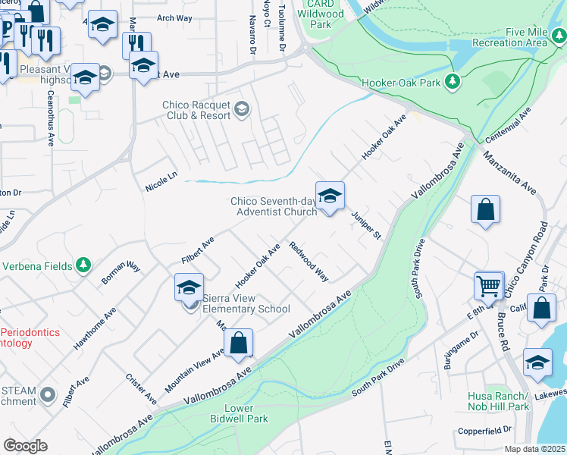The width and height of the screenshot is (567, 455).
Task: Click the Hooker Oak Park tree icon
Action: (453, 80)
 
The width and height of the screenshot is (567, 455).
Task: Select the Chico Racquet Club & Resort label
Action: (196, 111)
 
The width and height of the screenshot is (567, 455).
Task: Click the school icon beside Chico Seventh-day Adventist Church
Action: (330, 196)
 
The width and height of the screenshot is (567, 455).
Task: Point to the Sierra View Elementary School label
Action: (246, 303)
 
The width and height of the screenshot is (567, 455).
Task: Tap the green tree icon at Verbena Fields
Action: (83, 265)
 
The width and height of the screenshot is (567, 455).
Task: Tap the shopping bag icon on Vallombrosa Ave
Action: (239, 343)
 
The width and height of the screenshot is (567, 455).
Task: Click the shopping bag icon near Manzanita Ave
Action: (485, 209)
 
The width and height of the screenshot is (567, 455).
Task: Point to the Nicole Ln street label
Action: (161, 181)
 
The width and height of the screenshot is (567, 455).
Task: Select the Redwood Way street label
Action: (309, 262)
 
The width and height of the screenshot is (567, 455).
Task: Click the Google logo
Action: (25, 445)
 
